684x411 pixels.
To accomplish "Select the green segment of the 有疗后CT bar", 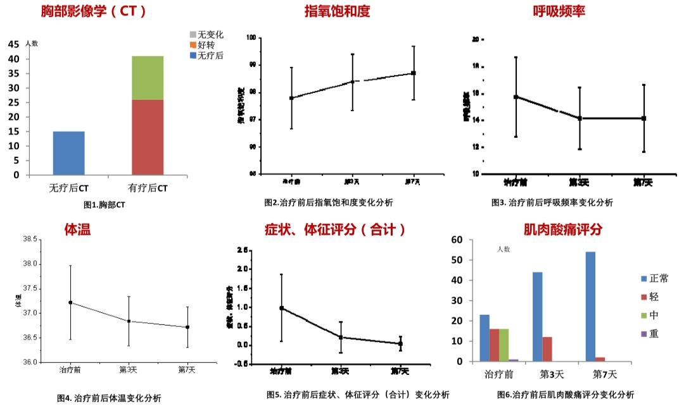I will point(148,78).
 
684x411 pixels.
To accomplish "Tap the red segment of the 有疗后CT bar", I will point(148,137).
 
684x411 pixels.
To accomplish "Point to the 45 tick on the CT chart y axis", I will point(14,44).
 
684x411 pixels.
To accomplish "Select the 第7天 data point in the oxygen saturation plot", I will point(413,73).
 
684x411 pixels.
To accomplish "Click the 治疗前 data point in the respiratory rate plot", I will point(516,97).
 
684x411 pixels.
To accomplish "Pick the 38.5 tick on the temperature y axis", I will point(30,240).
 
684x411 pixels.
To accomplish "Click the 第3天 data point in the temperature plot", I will point(129,321).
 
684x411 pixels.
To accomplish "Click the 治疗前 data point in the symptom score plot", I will point(281,308).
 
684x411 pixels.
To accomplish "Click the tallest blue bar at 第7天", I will point(590,307).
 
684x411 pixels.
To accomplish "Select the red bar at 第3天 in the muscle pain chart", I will point(547,349).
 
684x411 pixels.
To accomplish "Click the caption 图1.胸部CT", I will point(104,205).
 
